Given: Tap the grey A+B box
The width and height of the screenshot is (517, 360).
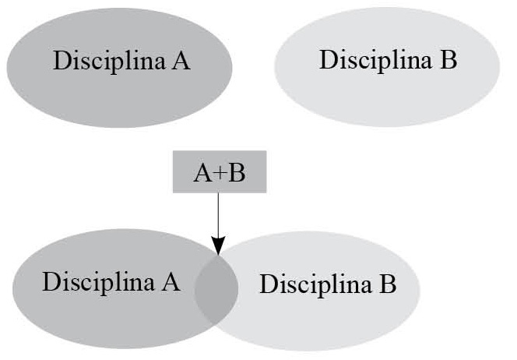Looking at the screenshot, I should (220, 172).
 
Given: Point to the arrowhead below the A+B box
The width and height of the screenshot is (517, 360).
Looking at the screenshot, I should (219, 243).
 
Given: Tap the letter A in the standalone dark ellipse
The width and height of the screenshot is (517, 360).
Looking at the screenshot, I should (181, 61).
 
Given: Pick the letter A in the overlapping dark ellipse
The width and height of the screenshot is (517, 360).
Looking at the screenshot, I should (171, 281).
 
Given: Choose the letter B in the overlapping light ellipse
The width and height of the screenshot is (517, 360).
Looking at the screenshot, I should (389, 284).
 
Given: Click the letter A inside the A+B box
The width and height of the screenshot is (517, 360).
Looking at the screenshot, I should (202, 173).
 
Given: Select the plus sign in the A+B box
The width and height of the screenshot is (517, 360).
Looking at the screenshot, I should (219, 173).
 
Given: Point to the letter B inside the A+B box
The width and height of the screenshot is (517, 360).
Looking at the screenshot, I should (237, 173).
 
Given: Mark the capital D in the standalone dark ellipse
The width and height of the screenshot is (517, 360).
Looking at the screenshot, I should (62, 61).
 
